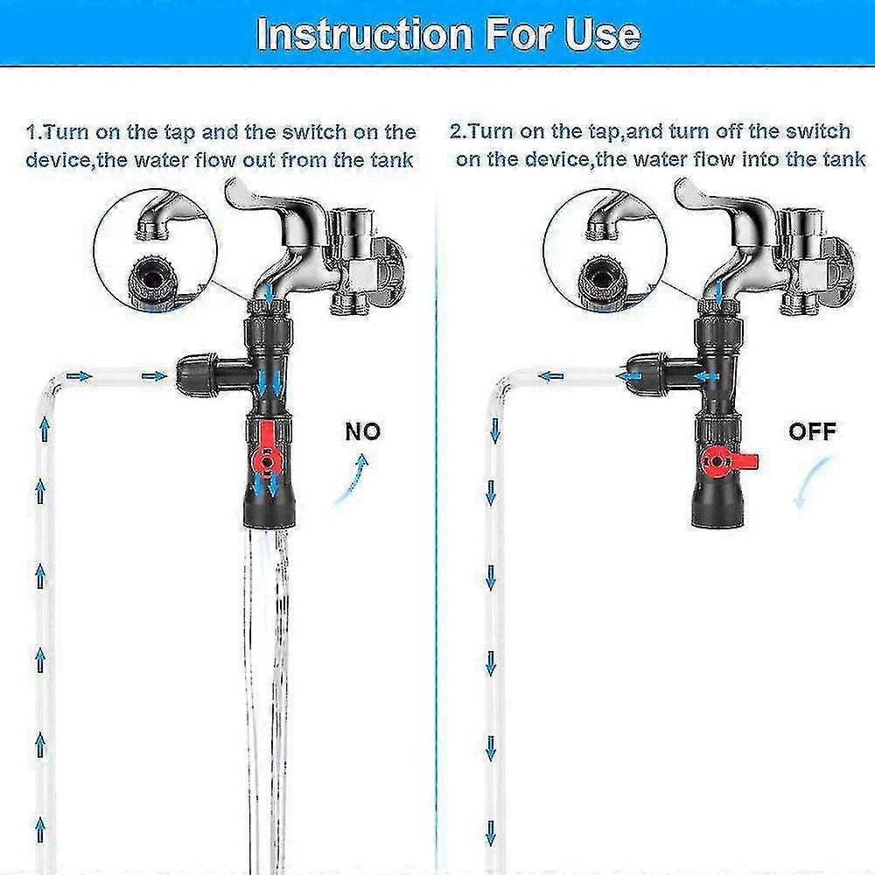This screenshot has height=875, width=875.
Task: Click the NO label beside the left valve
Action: tap(363, 431)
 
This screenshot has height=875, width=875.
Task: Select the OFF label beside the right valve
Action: tap(812, 431)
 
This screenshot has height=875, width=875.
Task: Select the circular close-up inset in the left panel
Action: tap(155, 250)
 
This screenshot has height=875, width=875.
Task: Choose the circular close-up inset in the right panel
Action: tap(605, 250)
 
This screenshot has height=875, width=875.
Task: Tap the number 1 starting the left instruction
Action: tap(31, 133)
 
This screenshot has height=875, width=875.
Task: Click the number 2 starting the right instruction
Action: tap(457, 132)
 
